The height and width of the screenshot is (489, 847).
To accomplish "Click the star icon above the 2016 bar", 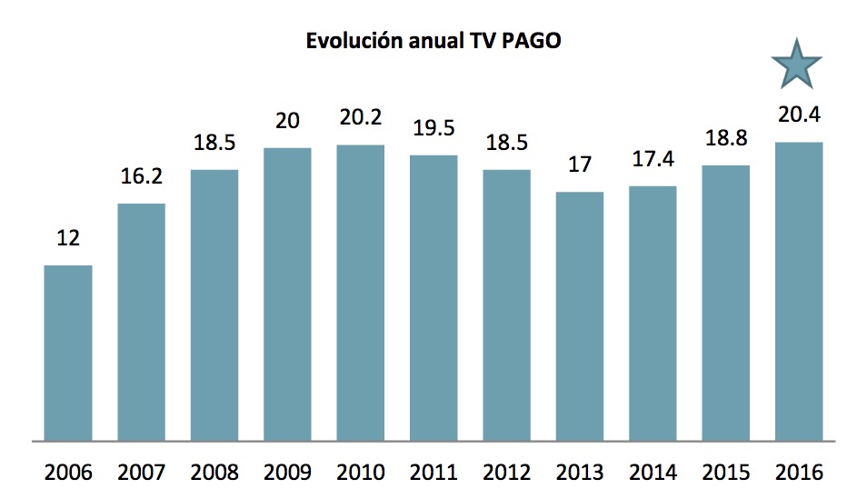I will [x=796, y=65].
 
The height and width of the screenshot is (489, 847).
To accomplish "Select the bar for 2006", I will [x=68, y=353].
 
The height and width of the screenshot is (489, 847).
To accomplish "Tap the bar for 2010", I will [x=360, y=293].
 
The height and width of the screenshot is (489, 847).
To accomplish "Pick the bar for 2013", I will [x=579, y=316].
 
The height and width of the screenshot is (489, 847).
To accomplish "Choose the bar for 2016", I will [x=798, y=291].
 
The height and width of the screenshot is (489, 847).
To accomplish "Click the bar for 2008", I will [x=214, y=304].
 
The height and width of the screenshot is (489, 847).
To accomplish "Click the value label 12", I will [x=68, y=239].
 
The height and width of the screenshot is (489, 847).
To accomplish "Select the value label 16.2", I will [x=141, y=177].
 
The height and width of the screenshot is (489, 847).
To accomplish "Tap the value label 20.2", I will [x=360, y=119].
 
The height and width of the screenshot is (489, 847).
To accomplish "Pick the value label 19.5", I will [x=433, y=129].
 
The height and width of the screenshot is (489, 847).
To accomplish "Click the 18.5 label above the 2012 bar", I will [x=506, y=144].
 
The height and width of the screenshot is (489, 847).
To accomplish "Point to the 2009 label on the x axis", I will [x=287, y=473].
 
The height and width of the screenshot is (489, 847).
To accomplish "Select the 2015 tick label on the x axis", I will [x=725, y=473].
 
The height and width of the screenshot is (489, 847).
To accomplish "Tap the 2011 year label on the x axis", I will [x=433, y=473].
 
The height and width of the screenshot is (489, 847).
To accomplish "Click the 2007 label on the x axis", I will [x=141, y=473].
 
